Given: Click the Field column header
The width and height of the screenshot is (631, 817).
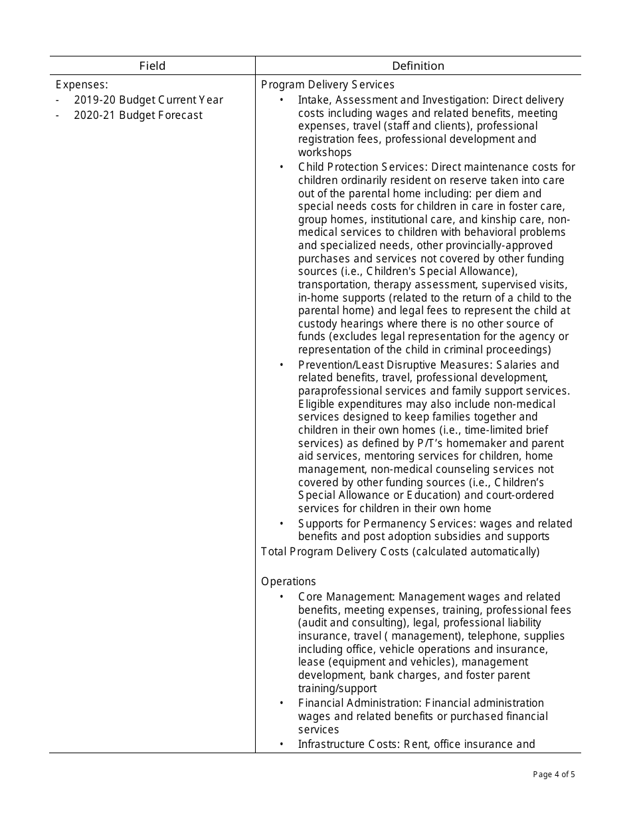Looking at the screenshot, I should pos(152,66).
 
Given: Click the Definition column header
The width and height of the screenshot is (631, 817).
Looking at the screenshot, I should pos(418,66).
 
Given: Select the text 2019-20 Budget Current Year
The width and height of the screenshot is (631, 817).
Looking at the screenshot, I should pos(148,100).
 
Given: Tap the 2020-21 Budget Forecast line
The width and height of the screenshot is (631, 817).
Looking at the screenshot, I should pos(138,116).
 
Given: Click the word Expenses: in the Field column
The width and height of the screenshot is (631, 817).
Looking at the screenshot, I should pos(82,85).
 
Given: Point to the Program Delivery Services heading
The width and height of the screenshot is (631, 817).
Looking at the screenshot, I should pos(327,85).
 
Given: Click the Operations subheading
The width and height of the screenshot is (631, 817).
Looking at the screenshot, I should pos(288,582).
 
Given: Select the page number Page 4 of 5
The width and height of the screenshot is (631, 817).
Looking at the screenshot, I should pos(554,774).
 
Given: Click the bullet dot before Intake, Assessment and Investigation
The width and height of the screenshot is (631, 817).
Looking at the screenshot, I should pos(282,100).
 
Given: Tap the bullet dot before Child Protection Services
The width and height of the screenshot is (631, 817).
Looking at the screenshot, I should pos(282,167).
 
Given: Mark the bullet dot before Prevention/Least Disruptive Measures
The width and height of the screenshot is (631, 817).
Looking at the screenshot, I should pos(282,365).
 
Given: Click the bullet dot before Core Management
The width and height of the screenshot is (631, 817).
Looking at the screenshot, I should pos(282,597).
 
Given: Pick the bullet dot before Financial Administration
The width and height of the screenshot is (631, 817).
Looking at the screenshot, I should pos(282,703).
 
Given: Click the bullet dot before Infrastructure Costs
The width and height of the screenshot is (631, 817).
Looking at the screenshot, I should pos(282,745).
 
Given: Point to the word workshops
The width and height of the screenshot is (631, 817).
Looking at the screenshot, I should pos(325,153).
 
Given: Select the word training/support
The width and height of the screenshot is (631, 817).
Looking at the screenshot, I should pos(337,689).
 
